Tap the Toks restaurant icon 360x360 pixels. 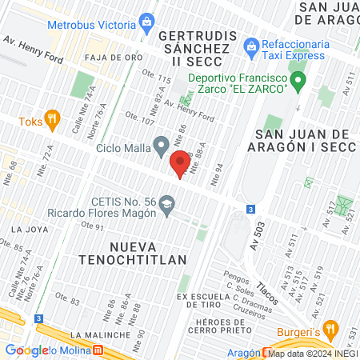point(53,118)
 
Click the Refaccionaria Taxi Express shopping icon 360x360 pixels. point(251,46)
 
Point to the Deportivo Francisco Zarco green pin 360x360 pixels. point(298,80)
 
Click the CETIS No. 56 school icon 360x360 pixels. point(167,204)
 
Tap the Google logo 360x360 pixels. point(27,350)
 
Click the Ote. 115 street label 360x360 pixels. point(157,80)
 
